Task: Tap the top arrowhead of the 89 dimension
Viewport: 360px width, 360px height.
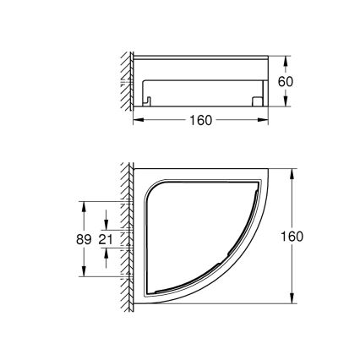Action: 84,204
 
